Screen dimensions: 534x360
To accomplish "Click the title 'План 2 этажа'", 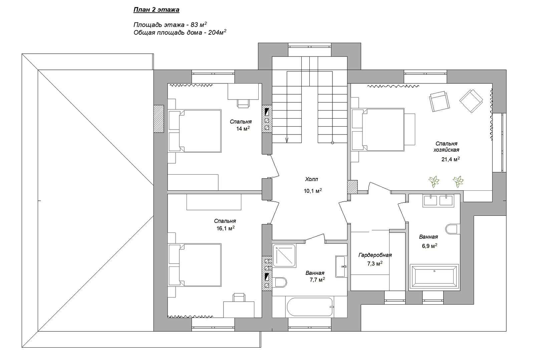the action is (x=156, y=10).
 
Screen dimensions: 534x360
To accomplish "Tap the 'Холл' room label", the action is (x=311, y=179).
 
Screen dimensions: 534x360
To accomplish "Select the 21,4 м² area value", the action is (x=450, y=159).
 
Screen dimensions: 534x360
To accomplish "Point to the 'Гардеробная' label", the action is (x=375, y=255).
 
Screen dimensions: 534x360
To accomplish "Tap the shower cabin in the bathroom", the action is (x=284, y=255).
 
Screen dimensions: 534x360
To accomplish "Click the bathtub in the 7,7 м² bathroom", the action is (x=310, y=307).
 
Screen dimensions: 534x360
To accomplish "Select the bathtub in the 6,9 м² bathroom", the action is (x=434, y=277).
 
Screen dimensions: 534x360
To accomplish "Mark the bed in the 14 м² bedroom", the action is (x=195, y=131).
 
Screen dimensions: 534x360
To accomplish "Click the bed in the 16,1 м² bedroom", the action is (x=195, y=265).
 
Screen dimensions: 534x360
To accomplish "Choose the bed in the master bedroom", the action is (x=378, y=130).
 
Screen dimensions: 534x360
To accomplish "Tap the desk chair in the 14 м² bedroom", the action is (x=243, y=103).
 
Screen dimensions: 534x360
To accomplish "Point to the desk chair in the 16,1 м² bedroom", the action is (x=239, y=298).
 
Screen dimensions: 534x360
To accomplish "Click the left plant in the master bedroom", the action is (x=434, y=182).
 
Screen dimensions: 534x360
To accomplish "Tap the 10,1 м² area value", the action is (x=312, y=191).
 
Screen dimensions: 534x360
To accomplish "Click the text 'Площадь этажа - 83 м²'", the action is (x=170, y=25).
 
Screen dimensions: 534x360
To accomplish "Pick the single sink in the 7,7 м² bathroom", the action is (x=341, y=266).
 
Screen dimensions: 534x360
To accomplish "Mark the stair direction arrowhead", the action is (x=287, y=140).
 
